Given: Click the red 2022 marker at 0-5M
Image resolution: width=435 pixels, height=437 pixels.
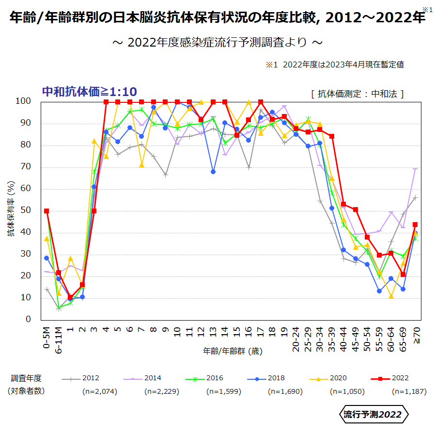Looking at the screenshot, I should [x=47, y=211].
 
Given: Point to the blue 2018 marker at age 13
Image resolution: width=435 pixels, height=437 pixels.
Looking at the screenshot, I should [x=213, y=172].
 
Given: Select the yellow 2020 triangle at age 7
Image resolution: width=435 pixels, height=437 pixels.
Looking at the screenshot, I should [x=142, y=165].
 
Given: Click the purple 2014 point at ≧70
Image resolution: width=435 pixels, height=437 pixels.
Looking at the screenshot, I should [x=416, y=169].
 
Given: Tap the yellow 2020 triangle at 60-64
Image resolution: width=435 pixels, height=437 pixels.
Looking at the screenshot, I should [x=391, y=296].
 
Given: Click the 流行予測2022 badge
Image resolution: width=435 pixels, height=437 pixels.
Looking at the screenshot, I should [x=373, y=415].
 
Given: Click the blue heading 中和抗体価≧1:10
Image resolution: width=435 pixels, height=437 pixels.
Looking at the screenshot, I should [x=90, y=91].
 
